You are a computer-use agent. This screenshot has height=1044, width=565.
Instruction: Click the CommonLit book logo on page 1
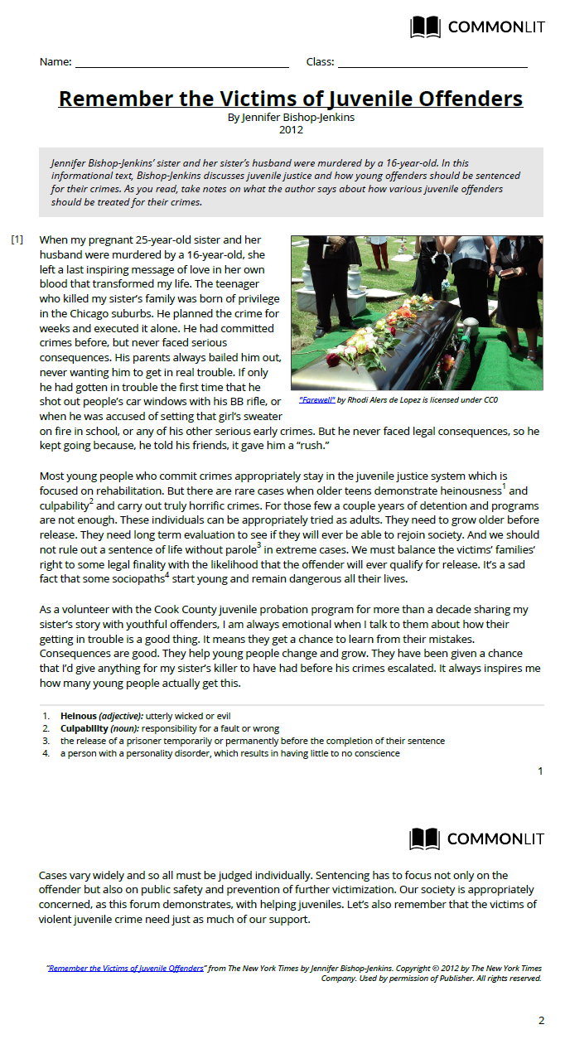pos(426,27)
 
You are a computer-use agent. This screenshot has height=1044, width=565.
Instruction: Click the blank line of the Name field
pos(181,63)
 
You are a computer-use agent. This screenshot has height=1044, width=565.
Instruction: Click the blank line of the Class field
pos(432,63)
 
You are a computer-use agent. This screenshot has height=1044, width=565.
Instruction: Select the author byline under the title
pos(291,118)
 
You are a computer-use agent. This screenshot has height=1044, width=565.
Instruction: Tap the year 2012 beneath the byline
pos(291,129)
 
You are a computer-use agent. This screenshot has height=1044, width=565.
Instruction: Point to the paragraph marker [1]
pos(17,240)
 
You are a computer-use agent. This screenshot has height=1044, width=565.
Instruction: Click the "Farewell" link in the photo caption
pos(316,400)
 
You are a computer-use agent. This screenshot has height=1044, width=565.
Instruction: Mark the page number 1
pos(540,771)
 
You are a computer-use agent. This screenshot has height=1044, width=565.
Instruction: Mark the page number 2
pos(541,1020)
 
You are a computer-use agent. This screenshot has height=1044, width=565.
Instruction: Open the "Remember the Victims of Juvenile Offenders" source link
pos(125,968)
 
